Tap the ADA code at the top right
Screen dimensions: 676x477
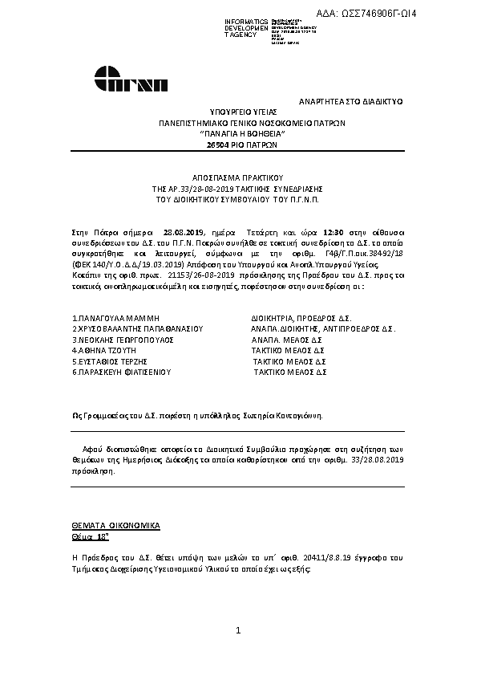click(x=416, y=13)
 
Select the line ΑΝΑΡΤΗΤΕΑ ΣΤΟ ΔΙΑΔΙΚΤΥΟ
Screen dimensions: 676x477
click(x=350, y=102)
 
